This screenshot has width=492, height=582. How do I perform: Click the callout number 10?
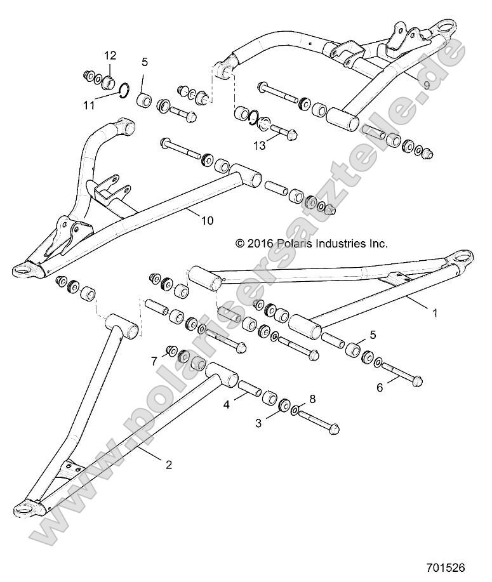[x=207, y=221]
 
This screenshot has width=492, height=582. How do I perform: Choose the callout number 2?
[x=168, y=464]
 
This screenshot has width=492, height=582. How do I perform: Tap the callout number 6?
[x=380, y=387]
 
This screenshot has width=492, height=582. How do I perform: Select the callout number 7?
[x=154, y=360]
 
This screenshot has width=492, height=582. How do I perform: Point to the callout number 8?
[x=311, y=400]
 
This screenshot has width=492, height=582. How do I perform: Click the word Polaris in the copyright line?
[x=298, y=243]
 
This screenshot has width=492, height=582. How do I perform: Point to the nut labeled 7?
[x=171, y=352]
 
